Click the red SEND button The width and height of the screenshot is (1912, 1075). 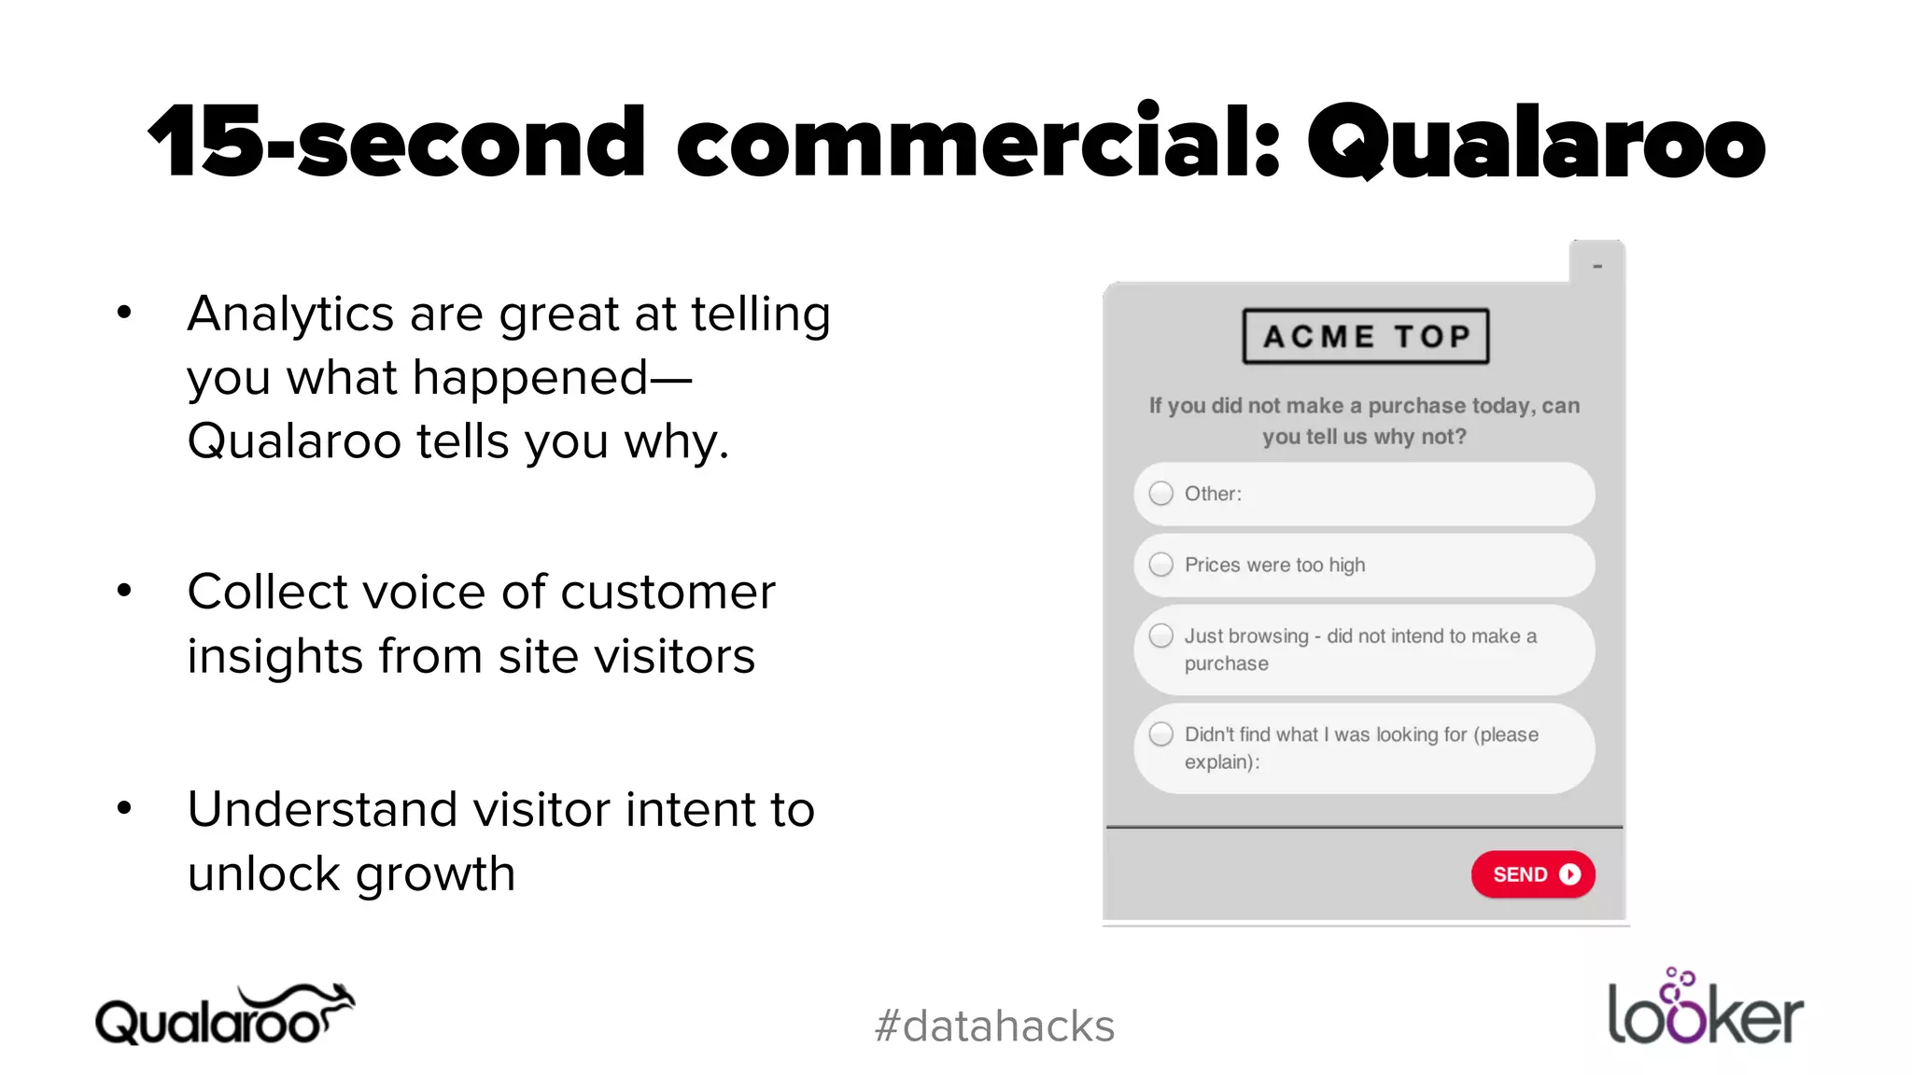click(x=1532, y=874)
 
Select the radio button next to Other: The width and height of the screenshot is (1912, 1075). click(x=1160, y=494)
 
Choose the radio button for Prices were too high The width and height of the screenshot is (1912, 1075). click(x=1160, y=565)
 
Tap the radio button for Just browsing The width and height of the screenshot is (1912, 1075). click(x=1160, y=635)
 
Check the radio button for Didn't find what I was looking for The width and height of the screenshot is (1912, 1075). click(x=1160, y=734)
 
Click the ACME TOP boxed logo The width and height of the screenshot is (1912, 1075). click(x=1365, y=336)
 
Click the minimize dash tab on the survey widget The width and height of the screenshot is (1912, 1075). click(x=1597, y=266)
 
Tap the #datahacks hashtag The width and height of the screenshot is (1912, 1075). click(x=994, y=1026)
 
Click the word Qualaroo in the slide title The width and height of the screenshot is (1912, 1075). click(x=1536, y=143)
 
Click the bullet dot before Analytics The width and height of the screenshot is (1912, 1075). click(x=124, y=313)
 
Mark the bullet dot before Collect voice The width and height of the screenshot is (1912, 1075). click(x=124, y=591)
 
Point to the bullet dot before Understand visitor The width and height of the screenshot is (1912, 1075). click(x=124, y=808)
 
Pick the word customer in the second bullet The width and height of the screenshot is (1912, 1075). click(x=668, y=592)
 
